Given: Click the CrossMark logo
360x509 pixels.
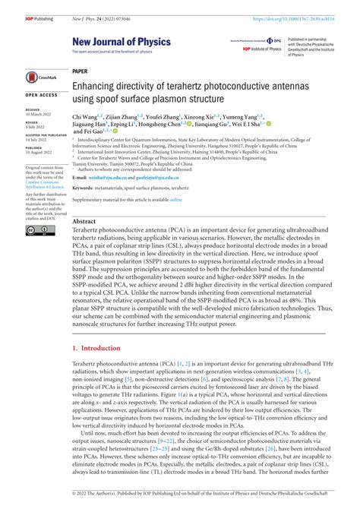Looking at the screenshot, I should click(42, 77).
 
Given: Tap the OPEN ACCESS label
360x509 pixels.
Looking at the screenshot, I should click(41, 96).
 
